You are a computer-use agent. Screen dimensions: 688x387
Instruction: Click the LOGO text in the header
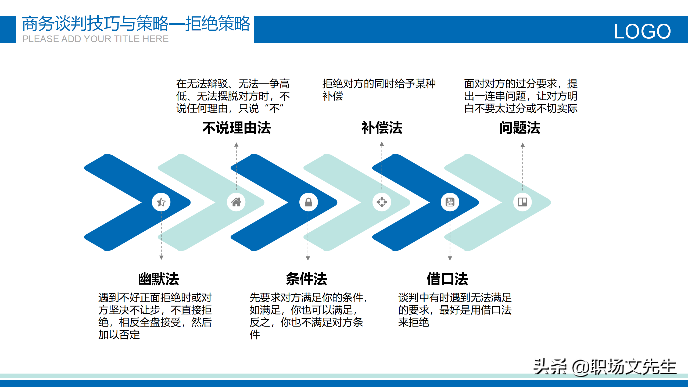(x=642, y=32)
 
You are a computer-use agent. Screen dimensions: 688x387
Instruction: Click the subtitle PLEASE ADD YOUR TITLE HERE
(x=95, y=39)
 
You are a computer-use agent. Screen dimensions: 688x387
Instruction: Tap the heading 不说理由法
(x=236, y=128)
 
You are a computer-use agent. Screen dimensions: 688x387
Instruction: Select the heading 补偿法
(x=382, y=128)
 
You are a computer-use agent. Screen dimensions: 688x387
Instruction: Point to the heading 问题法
(x=520, y=128)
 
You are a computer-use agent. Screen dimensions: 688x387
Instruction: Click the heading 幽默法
(x=159, y=279)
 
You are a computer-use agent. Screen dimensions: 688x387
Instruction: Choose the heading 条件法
(x=306, y=279)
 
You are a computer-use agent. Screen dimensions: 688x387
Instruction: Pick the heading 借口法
(x=447, y=279)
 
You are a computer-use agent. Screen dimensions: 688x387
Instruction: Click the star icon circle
(x=161, y=202)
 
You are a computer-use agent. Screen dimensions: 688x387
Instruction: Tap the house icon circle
(x=236, y=202)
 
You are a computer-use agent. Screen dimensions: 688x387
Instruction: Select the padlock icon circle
(x=309, y=202)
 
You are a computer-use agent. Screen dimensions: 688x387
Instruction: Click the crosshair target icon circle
(x=382, y=202)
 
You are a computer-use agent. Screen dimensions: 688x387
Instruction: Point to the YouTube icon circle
(x=450, y=202)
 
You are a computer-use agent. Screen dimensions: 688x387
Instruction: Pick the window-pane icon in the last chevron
(x=522, y=202)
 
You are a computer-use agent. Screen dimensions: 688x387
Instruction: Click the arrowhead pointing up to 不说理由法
(x=236, y=145)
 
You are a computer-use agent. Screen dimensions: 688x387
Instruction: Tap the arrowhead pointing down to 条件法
(x=308, y=258)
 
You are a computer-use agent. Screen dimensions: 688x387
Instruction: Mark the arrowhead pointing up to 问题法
(x=523, y=145)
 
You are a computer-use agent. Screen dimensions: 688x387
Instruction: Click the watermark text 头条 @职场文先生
(x=605, y=367)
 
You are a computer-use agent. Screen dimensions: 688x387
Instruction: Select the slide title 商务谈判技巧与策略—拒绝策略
(x=136, y=24)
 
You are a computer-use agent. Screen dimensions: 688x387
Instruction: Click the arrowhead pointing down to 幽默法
(x=161, y=257)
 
